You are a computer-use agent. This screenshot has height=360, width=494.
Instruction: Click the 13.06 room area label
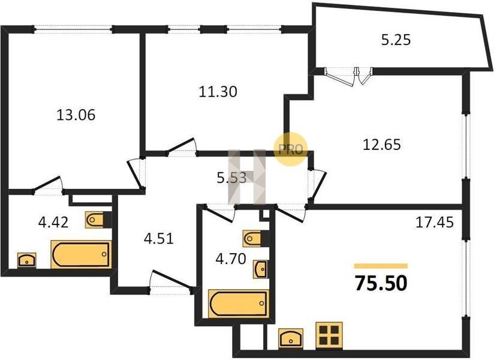76,115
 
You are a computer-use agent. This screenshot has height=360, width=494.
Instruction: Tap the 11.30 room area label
218,92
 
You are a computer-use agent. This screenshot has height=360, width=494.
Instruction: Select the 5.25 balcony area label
396,40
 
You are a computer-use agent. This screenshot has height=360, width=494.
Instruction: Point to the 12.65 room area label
382,145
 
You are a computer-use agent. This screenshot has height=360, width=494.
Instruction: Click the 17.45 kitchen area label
435,222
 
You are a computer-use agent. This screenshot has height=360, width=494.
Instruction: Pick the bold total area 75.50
381,283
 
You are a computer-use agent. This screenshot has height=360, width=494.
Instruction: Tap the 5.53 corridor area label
231,178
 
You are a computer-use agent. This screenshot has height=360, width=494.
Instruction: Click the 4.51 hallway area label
159,239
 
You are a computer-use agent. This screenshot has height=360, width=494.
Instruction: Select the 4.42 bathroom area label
53,223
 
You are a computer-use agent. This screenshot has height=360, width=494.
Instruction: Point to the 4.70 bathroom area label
231,259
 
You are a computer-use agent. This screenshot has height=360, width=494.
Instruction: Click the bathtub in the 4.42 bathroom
82,254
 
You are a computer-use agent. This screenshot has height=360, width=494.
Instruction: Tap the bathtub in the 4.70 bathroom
239,304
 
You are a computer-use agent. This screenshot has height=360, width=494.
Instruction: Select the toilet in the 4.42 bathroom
98,220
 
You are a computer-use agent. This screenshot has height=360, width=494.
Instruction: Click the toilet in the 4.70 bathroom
256,239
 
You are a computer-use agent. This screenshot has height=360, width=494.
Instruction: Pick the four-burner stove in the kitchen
329,335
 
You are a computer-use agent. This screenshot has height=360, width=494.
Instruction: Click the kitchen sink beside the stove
291,338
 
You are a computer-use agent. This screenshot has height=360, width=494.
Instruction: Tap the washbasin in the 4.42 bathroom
27,260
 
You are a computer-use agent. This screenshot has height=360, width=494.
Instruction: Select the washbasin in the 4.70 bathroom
261,269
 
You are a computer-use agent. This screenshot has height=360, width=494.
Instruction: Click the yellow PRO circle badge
290,149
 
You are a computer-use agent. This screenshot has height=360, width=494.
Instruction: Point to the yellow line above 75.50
381,266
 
